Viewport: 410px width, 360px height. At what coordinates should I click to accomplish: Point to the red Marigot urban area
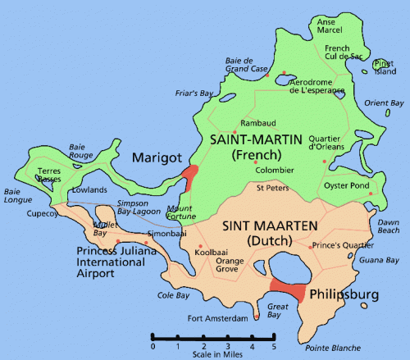190,177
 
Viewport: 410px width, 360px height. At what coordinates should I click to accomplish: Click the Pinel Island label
383,67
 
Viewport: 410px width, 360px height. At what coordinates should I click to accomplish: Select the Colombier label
273,171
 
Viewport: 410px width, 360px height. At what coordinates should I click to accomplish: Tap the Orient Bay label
385,103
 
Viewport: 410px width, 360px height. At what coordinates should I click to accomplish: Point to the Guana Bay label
379,260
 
